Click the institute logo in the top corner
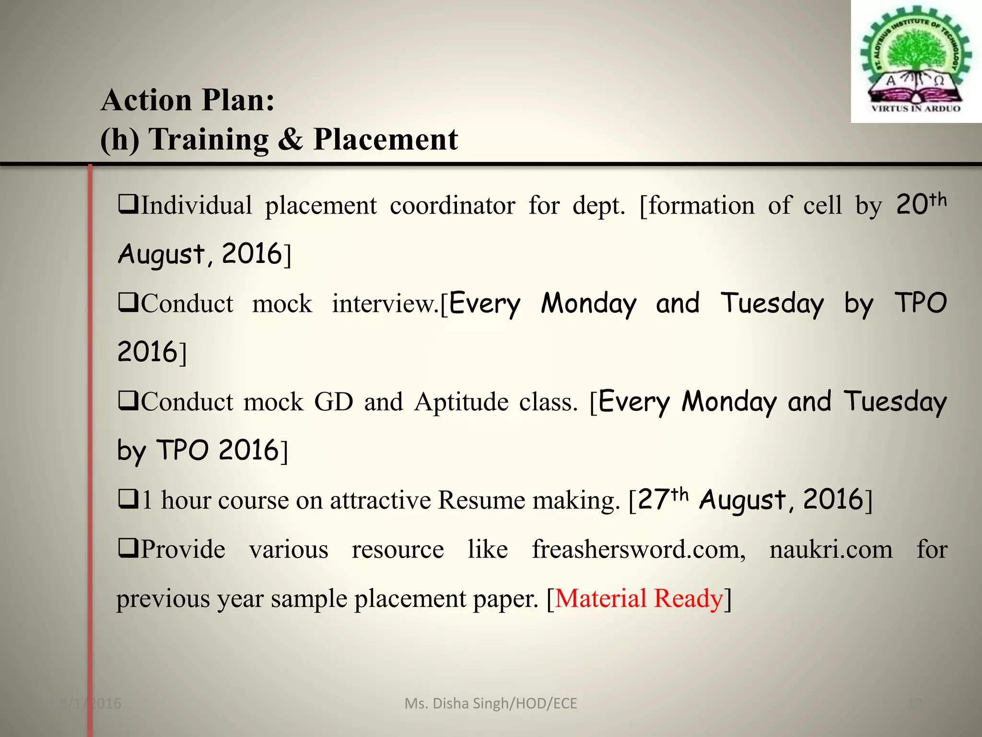pos(916,61)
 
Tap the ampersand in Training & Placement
pos(290,140)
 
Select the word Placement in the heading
pos(386,140)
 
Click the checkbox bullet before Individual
pos(128,205)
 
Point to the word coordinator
pos(452,206)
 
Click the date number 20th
pos(921,204)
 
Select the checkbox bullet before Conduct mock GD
pos(128,401)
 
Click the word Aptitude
pos(461,402)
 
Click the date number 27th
pos(663,499)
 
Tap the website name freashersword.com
pos(638,549)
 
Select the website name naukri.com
pos(831,549)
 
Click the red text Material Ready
pos(639,599)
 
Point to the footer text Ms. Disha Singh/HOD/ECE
pos(491,703)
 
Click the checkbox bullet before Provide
pos(128,548)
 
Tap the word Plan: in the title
pos(238,100)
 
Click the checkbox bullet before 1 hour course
pos(128,499)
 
